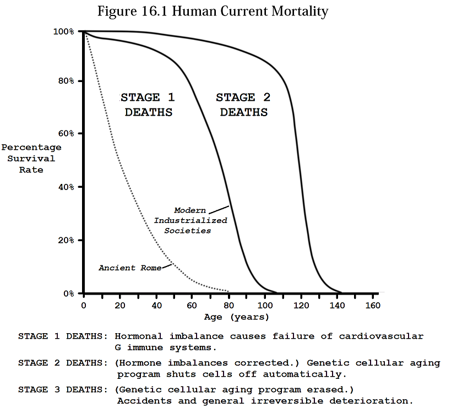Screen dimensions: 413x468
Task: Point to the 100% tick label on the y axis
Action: click(x=64, y=32)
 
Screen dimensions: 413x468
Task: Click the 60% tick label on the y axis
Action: click(x=66, y=134)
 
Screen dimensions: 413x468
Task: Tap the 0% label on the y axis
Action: click(x=68, y=294)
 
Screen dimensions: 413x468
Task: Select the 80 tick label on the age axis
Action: click(x=228, y=305)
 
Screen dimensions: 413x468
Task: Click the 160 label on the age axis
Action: click(x=372, y=305)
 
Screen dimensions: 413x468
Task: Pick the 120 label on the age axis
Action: click(x=300, y=305)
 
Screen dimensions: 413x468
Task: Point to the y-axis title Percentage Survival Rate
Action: click(x=31, y=159)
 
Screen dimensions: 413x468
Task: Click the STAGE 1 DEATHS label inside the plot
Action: click(x=148, y=105)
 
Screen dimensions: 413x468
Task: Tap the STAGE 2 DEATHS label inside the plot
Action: click(x=243, y=105)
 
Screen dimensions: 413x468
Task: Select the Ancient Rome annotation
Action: click(x=130, y=268)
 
